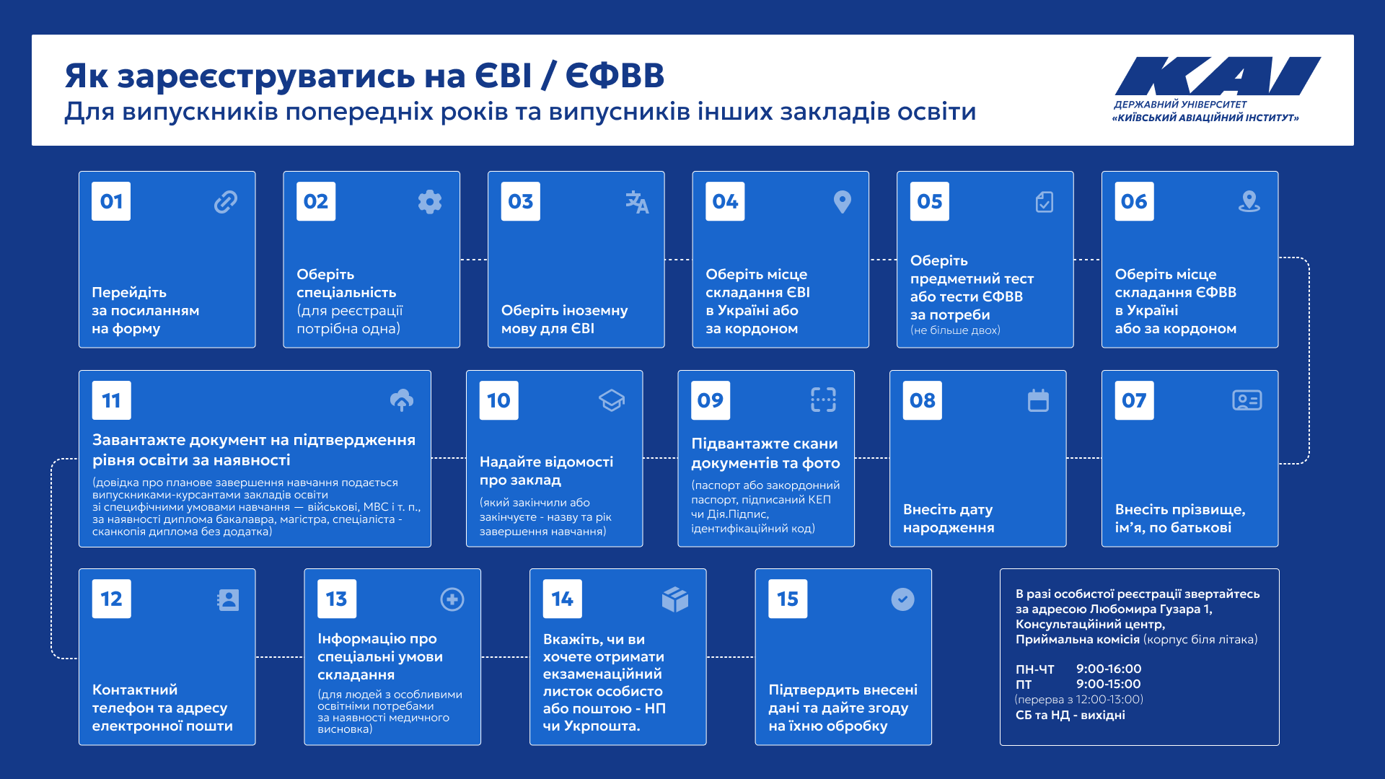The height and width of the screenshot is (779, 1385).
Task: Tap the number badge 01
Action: (x=111, y=201)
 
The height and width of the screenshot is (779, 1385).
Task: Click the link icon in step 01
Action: (x=226, y=202)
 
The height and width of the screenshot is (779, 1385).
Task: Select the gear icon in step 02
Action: (x=430, y=202)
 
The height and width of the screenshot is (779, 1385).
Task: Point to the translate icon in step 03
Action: (x=637, y=202)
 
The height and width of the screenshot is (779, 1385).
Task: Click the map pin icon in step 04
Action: (x=842, y=202)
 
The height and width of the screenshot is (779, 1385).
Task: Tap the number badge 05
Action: (x=930, y=201)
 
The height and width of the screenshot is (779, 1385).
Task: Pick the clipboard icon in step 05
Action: (x=1045, y=202)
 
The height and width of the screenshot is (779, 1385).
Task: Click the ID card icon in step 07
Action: (x=1247, y=400)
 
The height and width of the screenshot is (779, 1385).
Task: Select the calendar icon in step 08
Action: (x=1038, y=400)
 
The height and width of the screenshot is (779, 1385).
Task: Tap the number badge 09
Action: (x=711, y=400)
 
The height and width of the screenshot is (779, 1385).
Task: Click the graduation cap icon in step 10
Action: (x=612, y=400)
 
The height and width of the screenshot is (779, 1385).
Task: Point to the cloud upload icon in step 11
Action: (x=402, y=400)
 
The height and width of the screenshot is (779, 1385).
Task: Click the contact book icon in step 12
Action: (x=228, y=599)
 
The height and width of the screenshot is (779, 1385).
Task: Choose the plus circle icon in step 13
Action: (x=452, y=599)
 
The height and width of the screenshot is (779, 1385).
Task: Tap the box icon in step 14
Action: (x=675, y=599)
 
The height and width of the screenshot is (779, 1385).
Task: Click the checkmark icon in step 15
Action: (x=902, y=599)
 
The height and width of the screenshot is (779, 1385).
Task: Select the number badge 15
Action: (x=788, y=599)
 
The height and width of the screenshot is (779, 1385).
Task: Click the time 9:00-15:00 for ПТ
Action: (x=1109, y=684)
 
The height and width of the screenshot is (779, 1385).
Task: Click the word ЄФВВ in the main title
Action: (x=615, y=76)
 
